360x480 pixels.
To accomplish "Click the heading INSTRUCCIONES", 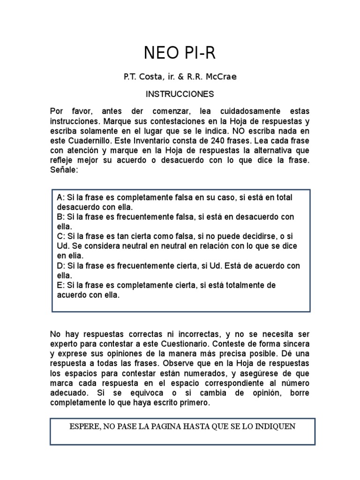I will point(180,94).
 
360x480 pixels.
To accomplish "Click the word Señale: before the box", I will point(65,171).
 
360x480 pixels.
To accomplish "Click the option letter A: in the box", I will point(60,197).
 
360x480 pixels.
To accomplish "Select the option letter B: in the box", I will point(60,217).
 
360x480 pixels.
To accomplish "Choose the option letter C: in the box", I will point(60,236).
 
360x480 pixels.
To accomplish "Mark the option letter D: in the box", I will point(60,266).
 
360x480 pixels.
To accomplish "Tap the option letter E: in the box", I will point(60,285).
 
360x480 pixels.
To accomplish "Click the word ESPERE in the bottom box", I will point(85,427).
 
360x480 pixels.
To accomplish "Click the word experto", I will point(64,344).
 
